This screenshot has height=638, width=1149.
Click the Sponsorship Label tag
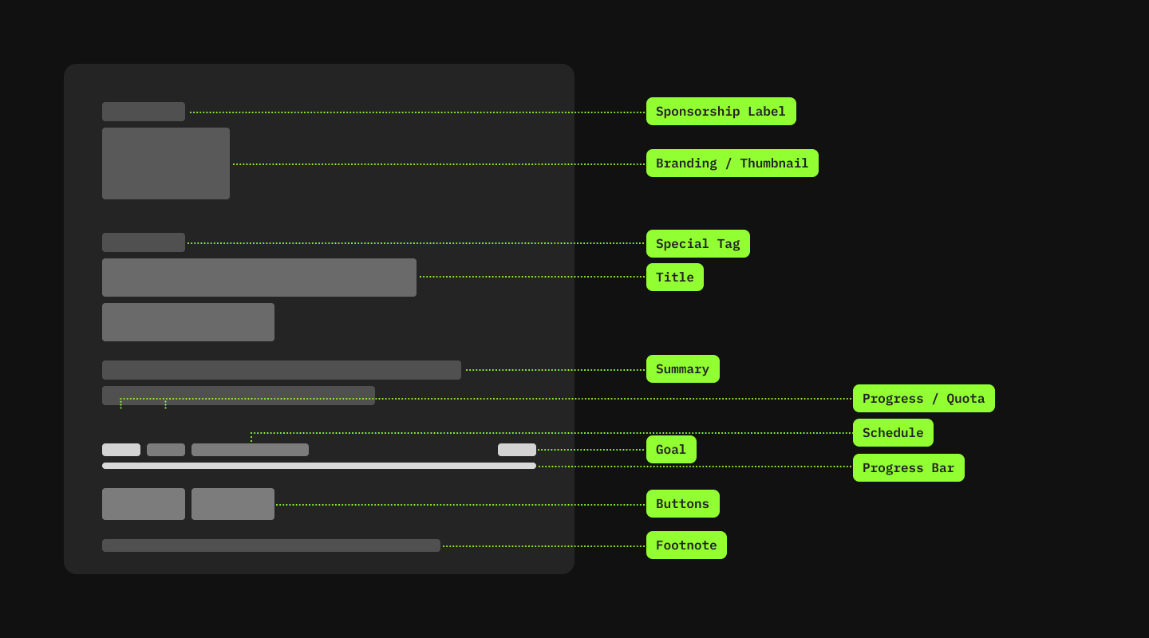(x=721, y=112)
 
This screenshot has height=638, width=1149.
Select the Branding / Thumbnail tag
(x=732, y=163)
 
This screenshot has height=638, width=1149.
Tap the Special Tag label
(x=697, y=244)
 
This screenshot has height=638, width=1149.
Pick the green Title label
(x=674, y=278)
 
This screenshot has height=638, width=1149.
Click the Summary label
(x=682, y=369)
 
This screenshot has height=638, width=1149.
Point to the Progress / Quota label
(x=923, y=399)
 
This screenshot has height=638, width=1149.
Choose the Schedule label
(x=893, y=433)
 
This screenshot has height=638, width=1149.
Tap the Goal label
(x=670, y=450)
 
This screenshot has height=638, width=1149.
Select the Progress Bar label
(x=908, y=468)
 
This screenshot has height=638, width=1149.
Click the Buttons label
(x=682, y=504)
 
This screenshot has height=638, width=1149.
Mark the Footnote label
(x=686, y=545)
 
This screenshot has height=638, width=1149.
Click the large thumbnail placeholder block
(x=166, y=163)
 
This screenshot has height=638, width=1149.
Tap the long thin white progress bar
(x=319, y=466)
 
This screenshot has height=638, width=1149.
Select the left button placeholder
(x=144, y=504)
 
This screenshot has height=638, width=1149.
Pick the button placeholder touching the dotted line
(x=233, y=504)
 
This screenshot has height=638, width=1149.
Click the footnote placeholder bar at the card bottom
(x=271, y=545)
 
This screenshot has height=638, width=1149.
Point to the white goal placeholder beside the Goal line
(x=517, y=450)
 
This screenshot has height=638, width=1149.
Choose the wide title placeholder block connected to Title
(x=259, y=278)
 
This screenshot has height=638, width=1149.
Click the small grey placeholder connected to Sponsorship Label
(x=144, y=112)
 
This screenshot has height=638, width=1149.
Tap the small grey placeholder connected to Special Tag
(x=144, y=242)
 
